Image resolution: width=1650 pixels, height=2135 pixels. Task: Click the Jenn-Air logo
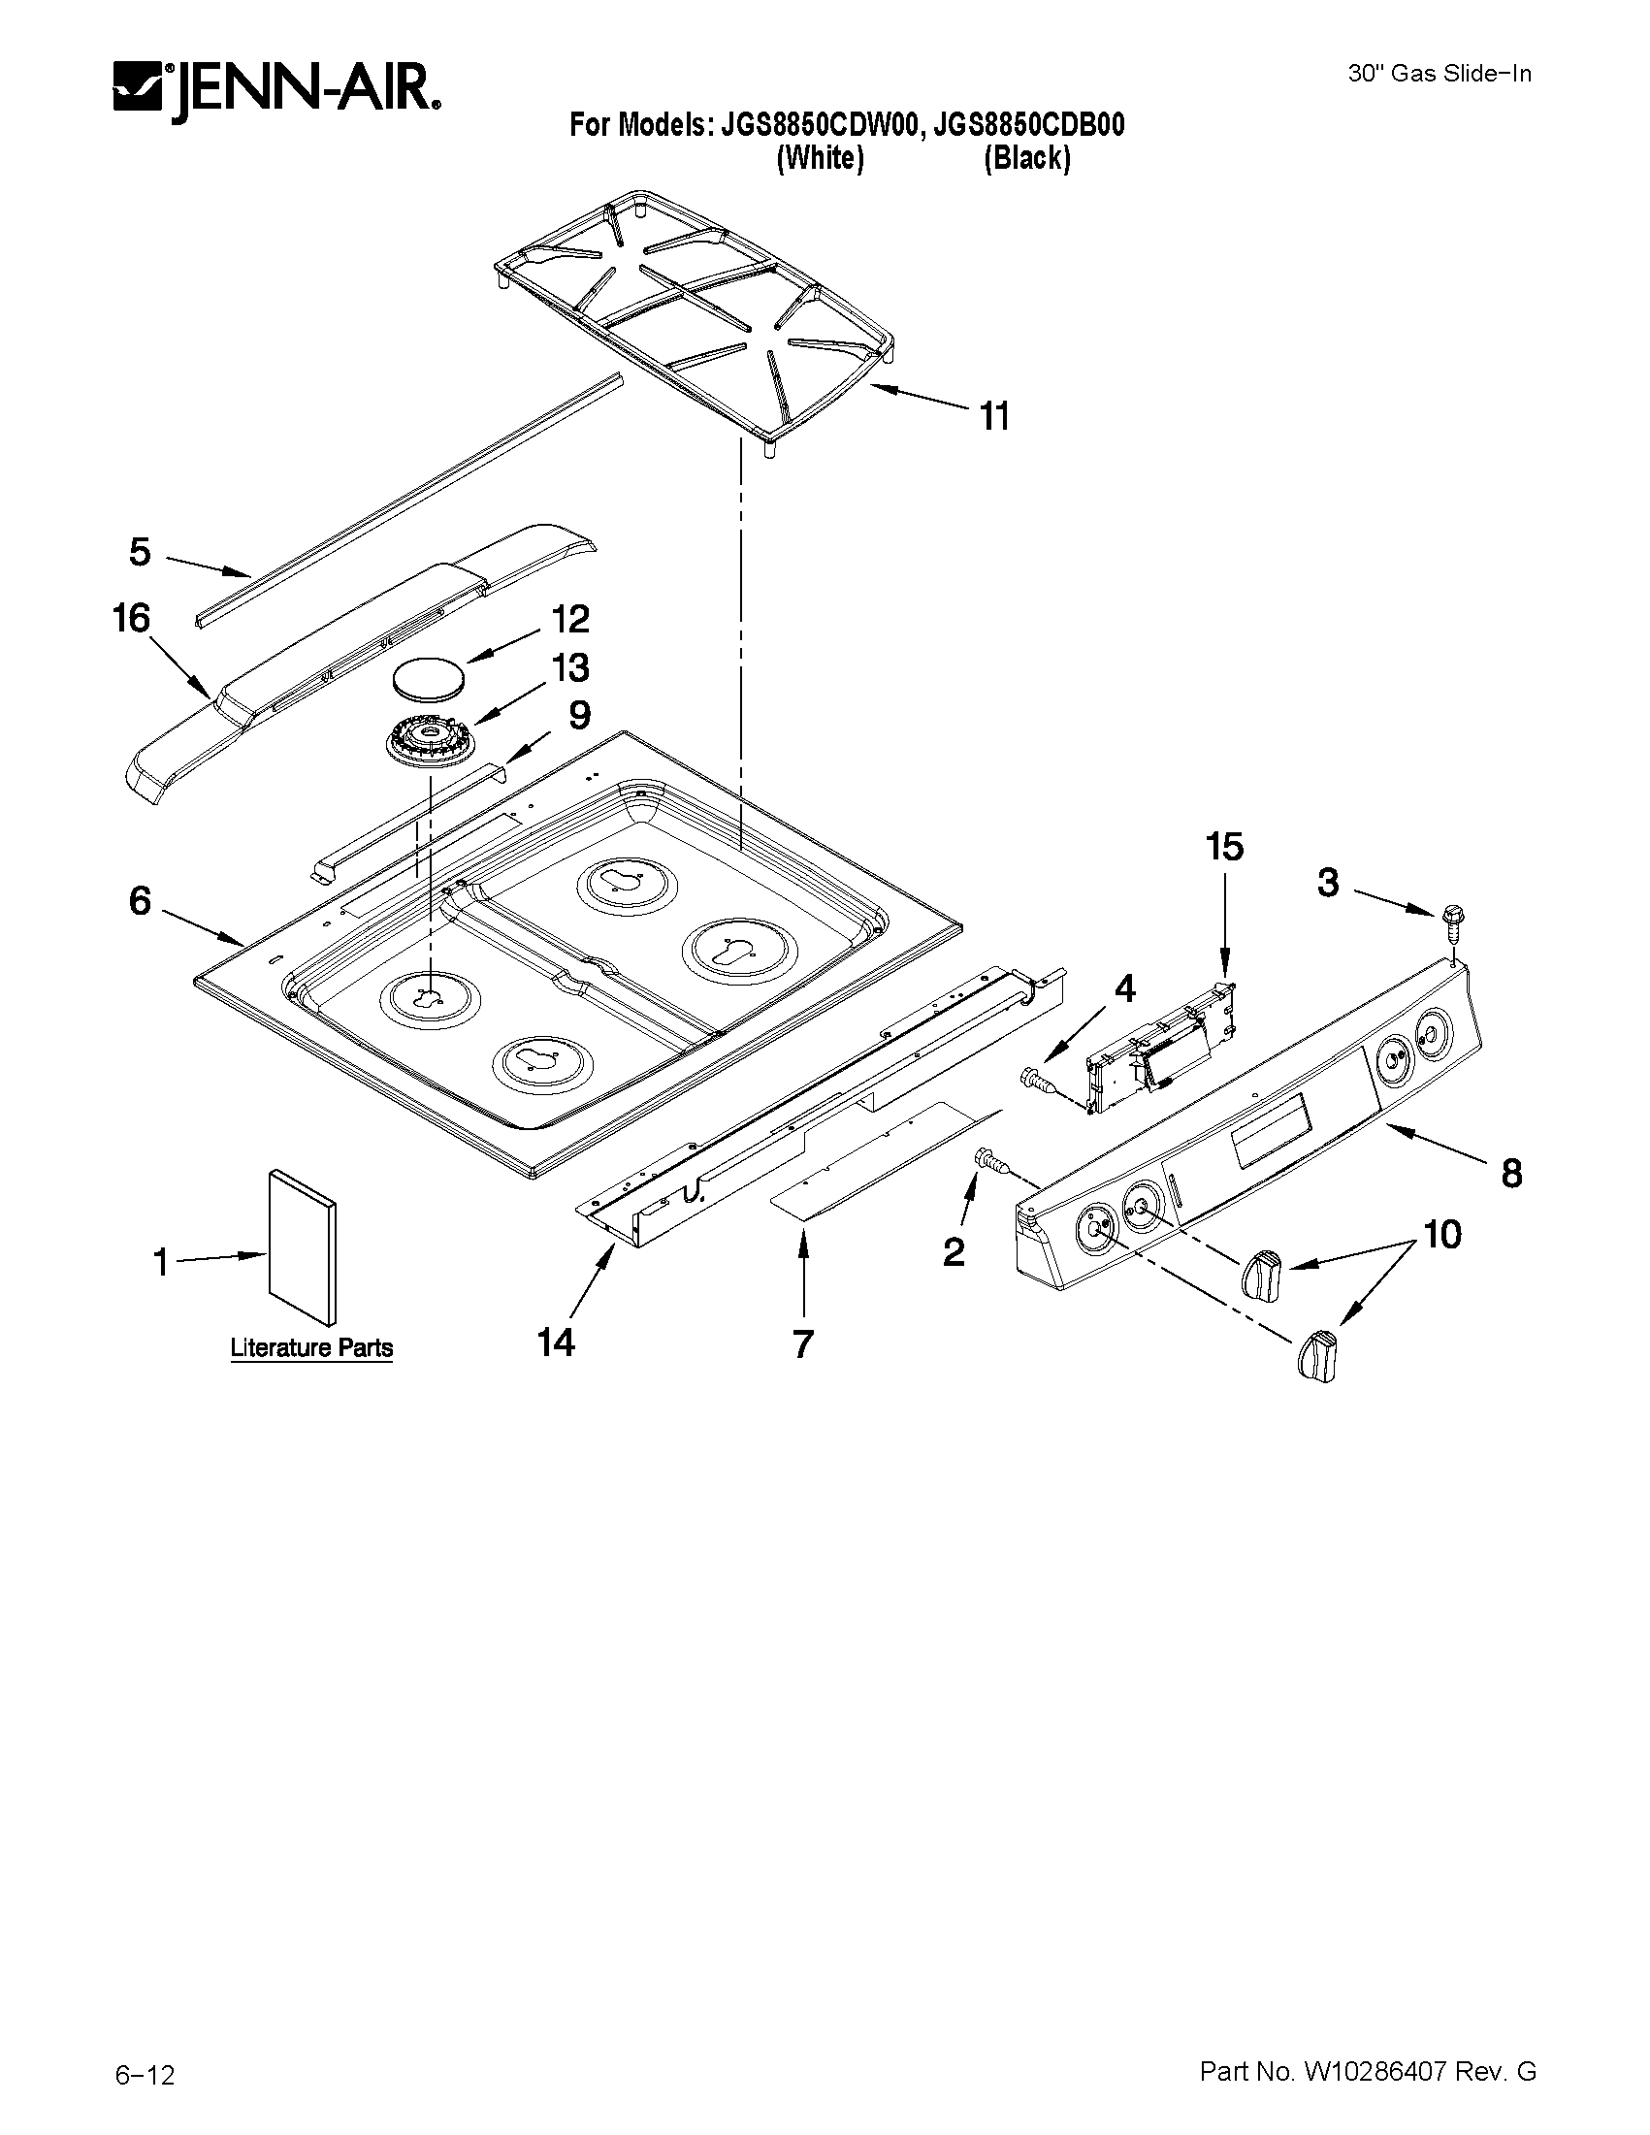click(275, 91)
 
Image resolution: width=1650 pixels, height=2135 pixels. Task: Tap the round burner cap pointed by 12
click(429, 677)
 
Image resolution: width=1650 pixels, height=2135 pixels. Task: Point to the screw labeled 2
click(988, 1161)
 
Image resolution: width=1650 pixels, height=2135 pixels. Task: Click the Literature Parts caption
click(310, 1348)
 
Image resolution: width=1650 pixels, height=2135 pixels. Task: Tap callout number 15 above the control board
click(1224, 847)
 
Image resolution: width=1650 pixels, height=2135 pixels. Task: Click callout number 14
click(555, 1342)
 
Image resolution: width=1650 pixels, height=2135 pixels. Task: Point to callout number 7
click(802, 1345)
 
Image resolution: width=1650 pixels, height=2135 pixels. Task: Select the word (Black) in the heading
click(1026, 158)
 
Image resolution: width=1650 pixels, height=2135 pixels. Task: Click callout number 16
click(132, 619)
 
